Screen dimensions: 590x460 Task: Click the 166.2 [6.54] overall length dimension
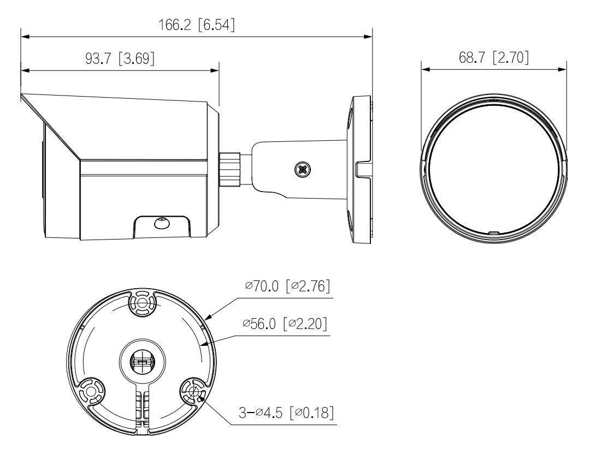pos(196,25)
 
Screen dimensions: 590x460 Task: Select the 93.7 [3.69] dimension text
pos(120,58)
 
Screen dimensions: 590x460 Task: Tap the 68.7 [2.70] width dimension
pos(494,57)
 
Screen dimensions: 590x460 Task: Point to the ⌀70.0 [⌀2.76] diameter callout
pos(287,286)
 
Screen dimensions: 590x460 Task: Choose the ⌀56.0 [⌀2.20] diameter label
pos(285,323)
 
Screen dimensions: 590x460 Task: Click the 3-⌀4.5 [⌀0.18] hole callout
pos(286,413)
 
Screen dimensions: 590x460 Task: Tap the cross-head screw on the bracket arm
pos(303,169)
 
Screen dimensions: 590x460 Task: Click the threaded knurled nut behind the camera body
pos(230,169)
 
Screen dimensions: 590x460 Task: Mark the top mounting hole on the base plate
pos(142,302)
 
